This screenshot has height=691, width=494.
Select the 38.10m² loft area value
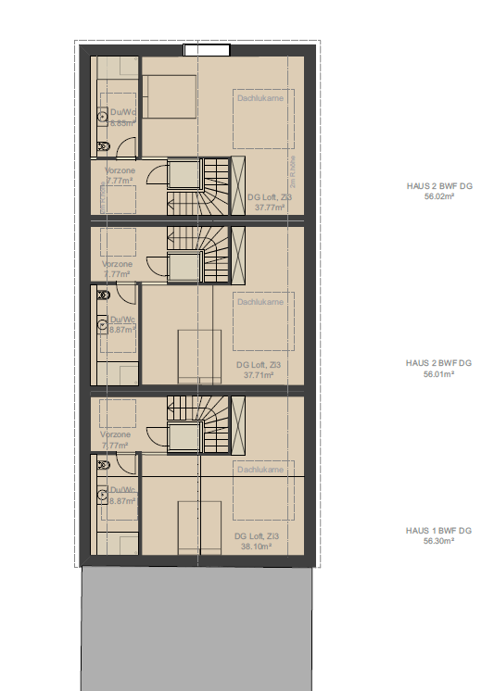coord(257,547)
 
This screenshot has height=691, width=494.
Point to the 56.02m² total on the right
coord(438,196)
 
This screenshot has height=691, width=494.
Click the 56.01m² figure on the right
coord(438,374)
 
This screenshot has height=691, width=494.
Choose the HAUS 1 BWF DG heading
coord(438,531)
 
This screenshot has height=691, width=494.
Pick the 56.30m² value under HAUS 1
coord(438,541)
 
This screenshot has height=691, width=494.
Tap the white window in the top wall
coord(205,50)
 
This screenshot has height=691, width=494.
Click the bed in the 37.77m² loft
coord(168,96)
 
